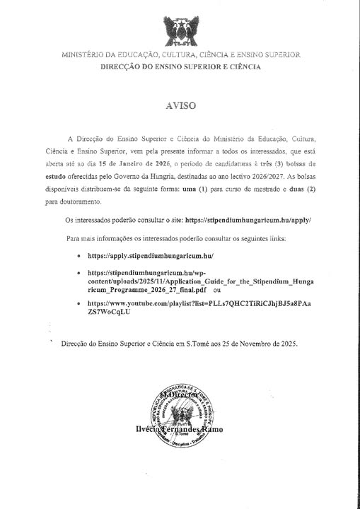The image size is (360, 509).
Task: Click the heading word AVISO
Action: [180, 105]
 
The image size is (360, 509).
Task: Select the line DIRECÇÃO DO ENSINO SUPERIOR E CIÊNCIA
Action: [180, 67]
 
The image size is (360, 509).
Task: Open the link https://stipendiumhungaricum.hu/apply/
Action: [250, 221]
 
